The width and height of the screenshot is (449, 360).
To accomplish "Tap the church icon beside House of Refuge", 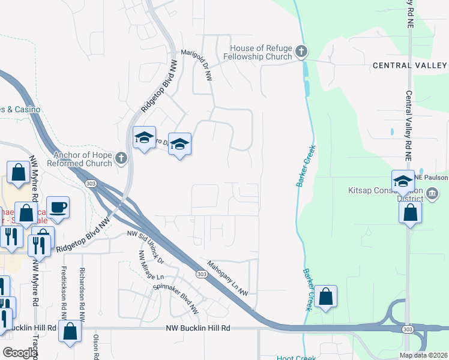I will (301, 52).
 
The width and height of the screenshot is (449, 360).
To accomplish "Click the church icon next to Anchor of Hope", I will (121, 159).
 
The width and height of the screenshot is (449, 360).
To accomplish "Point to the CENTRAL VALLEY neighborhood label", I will (409, 65).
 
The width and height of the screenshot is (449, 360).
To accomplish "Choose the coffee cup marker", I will (58, 208).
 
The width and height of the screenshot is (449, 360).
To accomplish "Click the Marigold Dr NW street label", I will (197, 65).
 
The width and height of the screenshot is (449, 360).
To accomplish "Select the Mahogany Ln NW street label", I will (228, 277).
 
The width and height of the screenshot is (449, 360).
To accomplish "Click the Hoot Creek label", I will (297, 358).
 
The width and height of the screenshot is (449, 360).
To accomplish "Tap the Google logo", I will (20, 353).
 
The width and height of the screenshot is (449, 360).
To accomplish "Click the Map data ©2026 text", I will (424, 355).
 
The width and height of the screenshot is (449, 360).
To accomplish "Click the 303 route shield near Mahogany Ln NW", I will (199, 274).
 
